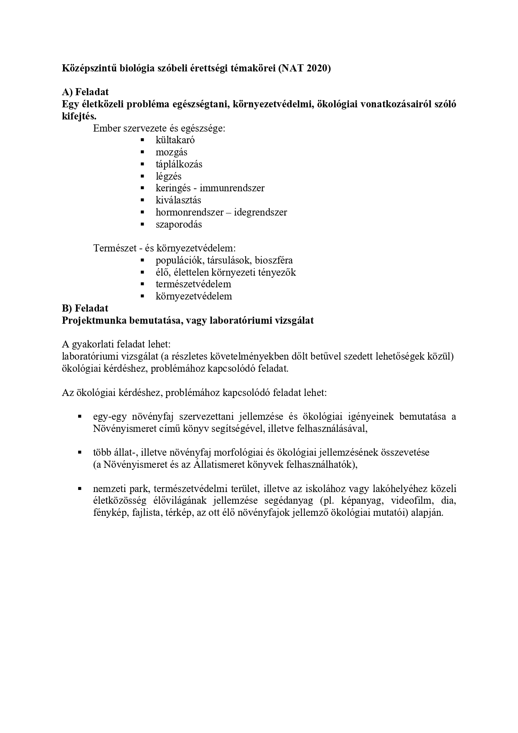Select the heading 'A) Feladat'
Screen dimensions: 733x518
coord(85,92)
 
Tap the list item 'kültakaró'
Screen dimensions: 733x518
coord(175,140)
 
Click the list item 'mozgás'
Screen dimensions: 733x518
coord(171,152)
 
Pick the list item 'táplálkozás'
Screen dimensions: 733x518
coord(179,164)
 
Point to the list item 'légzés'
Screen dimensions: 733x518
coord(168,176)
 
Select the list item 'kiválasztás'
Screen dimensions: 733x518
coord(178,200)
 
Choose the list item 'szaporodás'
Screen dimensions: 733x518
coord(179,224)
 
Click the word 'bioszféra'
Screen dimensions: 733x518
coord(275,261)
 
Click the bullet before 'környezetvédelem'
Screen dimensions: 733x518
coord(142,297)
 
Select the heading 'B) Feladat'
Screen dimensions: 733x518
coord(85,308)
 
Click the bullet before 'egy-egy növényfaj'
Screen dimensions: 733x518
coord(79,417)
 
